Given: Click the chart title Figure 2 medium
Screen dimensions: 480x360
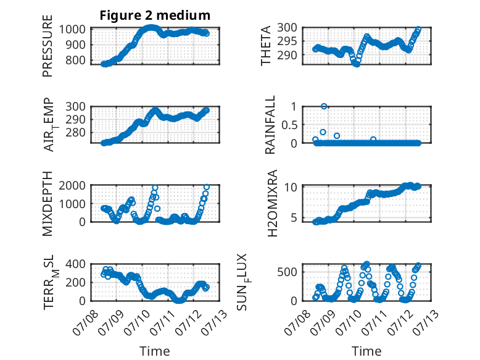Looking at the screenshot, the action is [x=155, y=15].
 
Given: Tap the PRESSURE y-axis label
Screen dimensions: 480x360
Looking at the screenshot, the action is [x=48, y=46].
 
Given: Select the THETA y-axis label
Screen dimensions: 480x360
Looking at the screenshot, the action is [x=266, y=46].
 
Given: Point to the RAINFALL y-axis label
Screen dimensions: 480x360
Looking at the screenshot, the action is [x=270, y=125].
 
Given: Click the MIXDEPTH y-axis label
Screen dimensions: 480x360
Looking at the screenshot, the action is [x=48, y=204].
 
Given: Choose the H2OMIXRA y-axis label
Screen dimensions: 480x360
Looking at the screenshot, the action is [x=272, y=203].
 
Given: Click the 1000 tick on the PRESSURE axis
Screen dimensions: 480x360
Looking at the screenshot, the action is [x=72, y=30].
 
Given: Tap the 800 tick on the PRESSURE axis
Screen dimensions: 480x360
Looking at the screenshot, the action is [x=75, y=60].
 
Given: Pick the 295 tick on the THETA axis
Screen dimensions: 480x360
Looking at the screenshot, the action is [x=287, y=41].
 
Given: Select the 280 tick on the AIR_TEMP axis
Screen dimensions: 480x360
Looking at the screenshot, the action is [x=75, y=132].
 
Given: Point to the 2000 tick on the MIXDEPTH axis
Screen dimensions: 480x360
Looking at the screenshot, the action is [x=72, y=185].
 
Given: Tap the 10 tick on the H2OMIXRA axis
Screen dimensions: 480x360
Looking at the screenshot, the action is [x=291, y=187].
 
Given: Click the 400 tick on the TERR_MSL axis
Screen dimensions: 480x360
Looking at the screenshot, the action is [x=75, y=264].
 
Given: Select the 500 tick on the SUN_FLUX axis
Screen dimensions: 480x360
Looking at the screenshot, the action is [x=287, y=272].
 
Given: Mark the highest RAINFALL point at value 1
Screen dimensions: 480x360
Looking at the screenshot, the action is [x=324, y=106].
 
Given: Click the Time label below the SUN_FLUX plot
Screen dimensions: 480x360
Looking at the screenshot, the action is [x=366, y=351].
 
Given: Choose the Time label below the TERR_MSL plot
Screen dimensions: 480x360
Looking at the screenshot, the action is [x=155, y=351].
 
